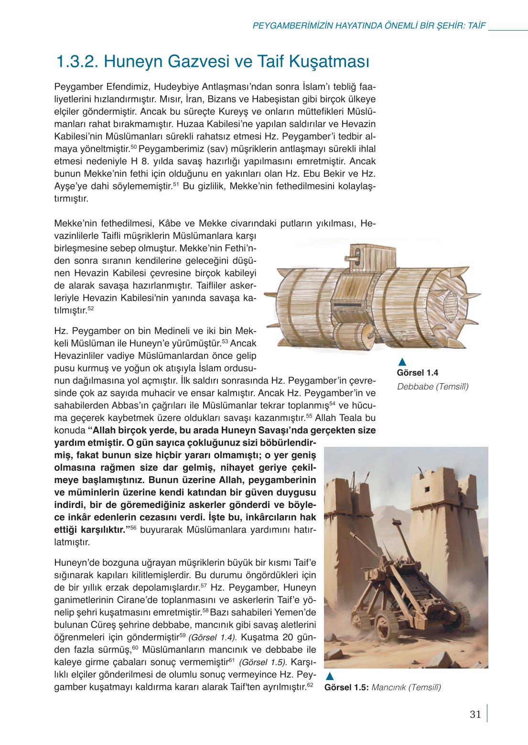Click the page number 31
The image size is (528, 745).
pyautogui.click(x=475, y=714)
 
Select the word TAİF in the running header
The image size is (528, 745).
pyautogui.click(x=476, y=25)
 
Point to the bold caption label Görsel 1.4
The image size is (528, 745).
pyautogui.click(x=417, y=373)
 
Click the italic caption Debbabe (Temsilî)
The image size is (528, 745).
pyautogui.click(x=432, y=386)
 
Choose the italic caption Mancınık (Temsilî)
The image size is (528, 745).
pyautogui.click(x=406, y=687)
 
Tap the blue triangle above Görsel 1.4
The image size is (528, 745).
pyautogui.click(x=402, y=362)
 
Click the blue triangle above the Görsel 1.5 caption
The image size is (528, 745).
pyautogui.click(x=329, y=676)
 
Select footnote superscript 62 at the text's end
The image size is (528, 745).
pyautogui.click(x=310, y=685)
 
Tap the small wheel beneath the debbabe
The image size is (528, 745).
pyautogui.click(x=354, y=336)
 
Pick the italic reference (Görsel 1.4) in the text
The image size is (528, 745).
pyautogui.click(x=213, y=637)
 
